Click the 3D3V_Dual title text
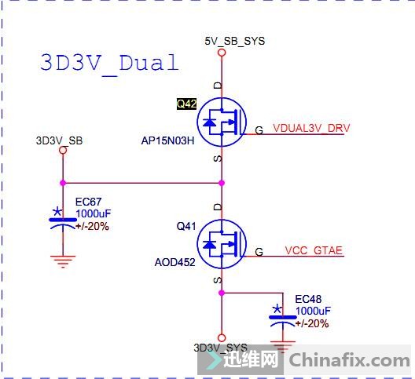coord(109,64)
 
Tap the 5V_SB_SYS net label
coord(234,42)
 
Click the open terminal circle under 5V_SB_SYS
coord(222,53)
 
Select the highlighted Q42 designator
coord(186,104)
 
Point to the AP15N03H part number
coord(167,140)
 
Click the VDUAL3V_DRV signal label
coord(311,128)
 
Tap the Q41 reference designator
coord(186,226)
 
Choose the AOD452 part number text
coord(174,262)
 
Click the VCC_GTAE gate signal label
coord(314,250)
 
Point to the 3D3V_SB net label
coord(59,140)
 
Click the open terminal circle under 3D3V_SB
coord(63,150)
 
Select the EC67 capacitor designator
coord(88,202)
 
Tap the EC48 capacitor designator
coord(308,299)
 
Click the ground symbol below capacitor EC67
coord(63,261)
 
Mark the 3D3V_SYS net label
coord(220,348)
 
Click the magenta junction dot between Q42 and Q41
coord(222,183)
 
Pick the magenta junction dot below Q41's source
coord(222,293)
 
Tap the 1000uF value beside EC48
coord(313,311)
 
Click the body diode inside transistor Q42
coord(209,122)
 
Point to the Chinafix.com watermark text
coord(349,360)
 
